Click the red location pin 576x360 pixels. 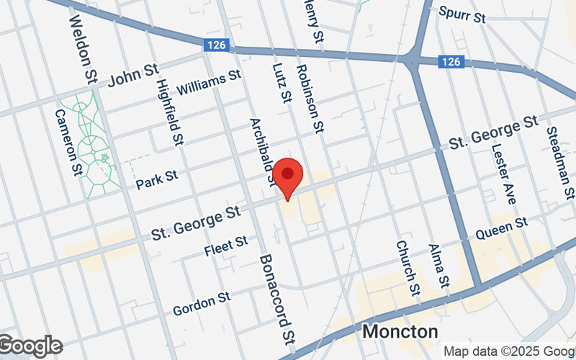pos(289,176)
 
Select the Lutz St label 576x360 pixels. pos(281,81)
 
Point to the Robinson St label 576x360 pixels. pos(310,98)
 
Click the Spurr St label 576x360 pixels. pos(462,14)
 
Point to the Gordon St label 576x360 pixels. pos(201,304)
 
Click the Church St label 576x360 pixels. pos(407,268)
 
